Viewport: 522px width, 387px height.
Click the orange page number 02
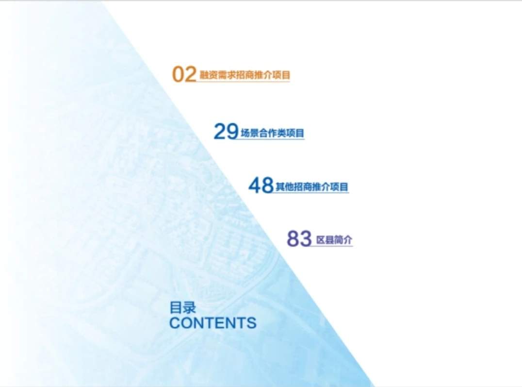pos(184,74)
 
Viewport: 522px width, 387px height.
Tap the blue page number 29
pos(226,132)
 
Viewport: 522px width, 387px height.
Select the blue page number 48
pos(261,185)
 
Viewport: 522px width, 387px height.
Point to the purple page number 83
pos(299,239)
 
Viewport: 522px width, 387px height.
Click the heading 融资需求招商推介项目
pos(245,75)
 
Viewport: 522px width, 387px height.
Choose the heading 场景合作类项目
pos(272,133)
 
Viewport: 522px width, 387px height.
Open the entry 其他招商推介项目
pos(312,186)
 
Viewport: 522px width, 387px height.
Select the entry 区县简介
pos(334,240)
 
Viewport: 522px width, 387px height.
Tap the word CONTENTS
pos(212,323)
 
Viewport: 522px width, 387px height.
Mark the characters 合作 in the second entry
pos(267,133)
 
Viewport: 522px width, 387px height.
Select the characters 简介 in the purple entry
pos(343,240)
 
